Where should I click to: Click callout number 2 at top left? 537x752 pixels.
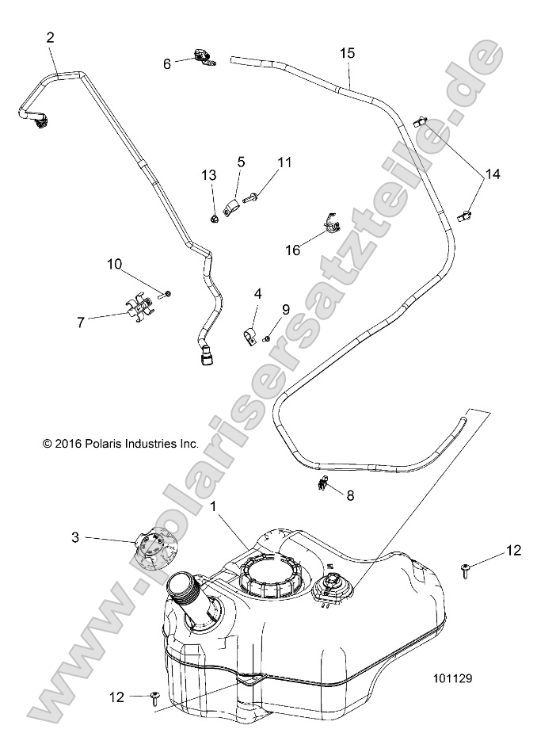(x=51, y=37)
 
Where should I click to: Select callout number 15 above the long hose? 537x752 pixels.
(x=347, y=53)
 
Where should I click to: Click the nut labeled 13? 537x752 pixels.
(x=215, y=217)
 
